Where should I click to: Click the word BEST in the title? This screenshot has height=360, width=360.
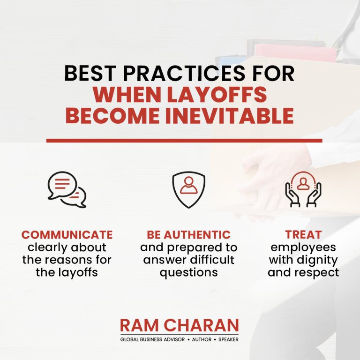click(x=90, y=73)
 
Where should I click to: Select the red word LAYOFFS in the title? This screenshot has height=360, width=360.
click(x=217, y=95)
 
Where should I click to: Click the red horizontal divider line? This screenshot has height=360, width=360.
click(x=184, y=141)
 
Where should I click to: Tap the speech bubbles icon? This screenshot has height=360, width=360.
click(x=67, y=190)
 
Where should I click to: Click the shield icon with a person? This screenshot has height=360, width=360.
click(x=188, y=190)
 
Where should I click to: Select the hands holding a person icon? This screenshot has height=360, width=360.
click(x=303, y=190)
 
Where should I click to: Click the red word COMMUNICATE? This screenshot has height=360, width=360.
click(x=67, y=235)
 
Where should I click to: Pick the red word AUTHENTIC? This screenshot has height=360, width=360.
click(x=197, y=235)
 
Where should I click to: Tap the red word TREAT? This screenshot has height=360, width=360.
click(x=303, y=235)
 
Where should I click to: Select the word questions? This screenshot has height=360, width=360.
click(x=189, y=273)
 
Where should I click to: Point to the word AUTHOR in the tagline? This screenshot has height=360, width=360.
click(x=202, y=339)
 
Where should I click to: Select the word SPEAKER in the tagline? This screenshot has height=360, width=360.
click(x=228, y=339)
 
